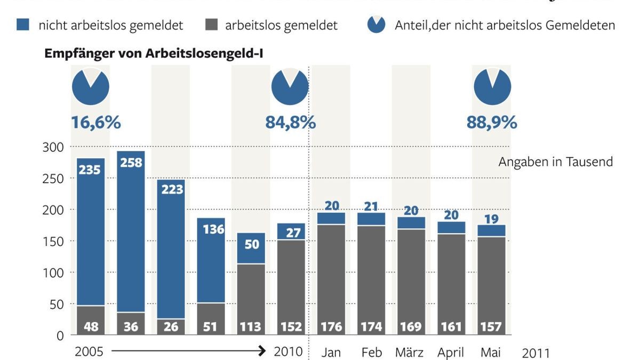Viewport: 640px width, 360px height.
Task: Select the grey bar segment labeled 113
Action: click(x=251, y=299)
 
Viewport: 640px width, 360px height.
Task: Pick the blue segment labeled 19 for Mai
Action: click(x=491, y=230)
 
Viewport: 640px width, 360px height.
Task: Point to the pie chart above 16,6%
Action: click(x=91, y=86)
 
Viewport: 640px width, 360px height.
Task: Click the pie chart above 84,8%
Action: click(x=290, y=86)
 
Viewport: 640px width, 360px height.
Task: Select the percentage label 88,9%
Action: click(x=492, y=123)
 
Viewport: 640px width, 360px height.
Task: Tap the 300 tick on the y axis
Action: click(x=53, y=147)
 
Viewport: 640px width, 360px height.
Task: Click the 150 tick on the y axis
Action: click(x=53, y=241)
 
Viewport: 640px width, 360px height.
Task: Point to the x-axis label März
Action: click(x=410, y=353)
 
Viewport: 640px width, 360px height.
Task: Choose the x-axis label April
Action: click(x=451, y=353)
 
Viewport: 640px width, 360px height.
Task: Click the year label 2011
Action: click(x=535, y=353)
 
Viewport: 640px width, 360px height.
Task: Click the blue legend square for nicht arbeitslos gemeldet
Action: click(x=23, y=25)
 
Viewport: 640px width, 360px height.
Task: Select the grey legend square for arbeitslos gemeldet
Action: click(x=211, y=25)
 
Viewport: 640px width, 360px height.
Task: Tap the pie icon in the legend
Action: click(x=377, y=25)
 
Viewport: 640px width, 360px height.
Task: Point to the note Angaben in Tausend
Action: click(x=556, y=162)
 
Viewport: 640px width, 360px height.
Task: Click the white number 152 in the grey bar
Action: click(x=291, y=326)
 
